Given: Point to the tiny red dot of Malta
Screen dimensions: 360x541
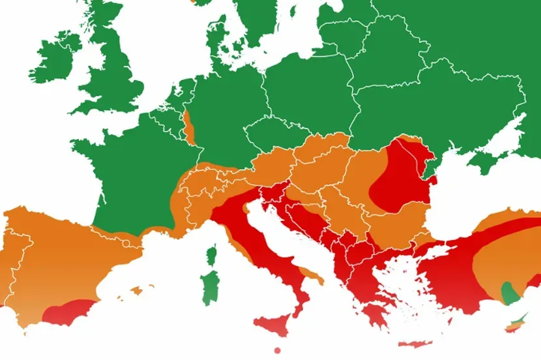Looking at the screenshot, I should pyautogui.click(x=277, y=351).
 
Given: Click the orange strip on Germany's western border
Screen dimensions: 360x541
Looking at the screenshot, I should pyautogui.click(x=188, y=127).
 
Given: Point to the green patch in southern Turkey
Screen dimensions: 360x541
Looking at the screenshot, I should pyautogui.click(x=508, y=294).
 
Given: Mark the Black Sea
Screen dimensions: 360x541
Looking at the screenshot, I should pyautogui.click(x=482, y=196).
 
